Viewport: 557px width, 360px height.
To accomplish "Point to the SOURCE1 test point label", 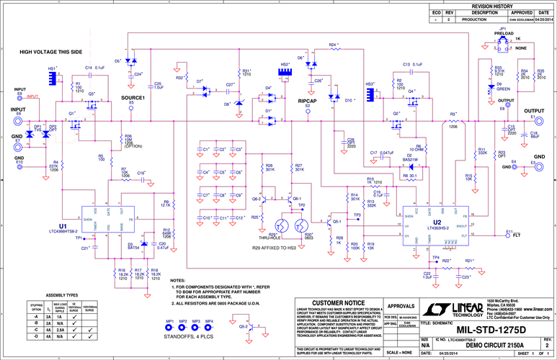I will (133, 98).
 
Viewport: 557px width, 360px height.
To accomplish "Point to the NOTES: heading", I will (178, 280).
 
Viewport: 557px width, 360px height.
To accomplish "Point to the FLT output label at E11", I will (516, 235).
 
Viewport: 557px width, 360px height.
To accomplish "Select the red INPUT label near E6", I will (33, 96).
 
